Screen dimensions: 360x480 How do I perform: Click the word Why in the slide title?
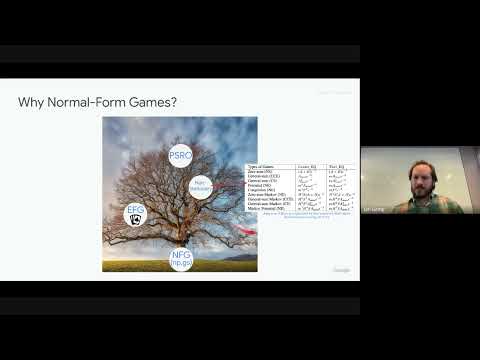32,103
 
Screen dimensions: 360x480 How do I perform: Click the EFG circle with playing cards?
135,213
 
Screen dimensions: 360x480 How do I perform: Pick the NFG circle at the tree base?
181,259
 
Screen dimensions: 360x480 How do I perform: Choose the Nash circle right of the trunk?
200,186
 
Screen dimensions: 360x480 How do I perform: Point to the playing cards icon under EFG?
136,219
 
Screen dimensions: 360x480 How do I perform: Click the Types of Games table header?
262,166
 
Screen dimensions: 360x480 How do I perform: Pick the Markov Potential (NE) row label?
267,209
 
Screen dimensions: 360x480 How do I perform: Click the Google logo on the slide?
341,270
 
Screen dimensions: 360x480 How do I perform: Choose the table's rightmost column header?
336,166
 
